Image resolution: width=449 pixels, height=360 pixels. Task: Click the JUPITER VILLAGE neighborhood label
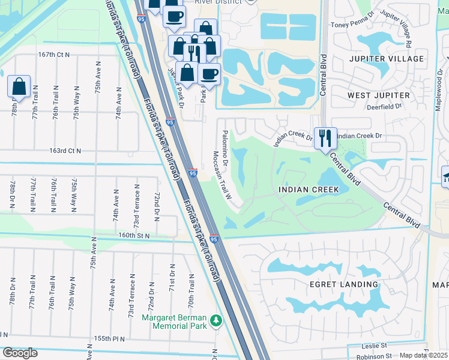pyautogui.click(x=385, y=59)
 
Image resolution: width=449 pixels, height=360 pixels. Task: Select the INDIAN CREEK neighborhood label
pyautogui.click(x=309, y=190)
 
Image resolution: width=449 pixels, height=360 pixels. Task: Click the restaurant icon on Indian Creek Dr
pyautogui.click(x=325, y=138)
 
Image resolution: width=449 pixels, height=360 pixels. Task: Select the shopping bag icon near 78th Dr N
pyautogui.click(x=19, y=86)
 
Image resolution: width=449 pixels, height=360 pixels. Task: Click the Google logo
pyautogui.click(x=20, y=353)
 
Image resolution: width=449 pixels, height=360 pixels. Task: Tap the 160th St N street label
pyautogui.click(x=133, y=235)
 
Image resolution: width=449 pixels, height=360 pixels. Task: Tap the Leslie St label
pyautogui.click(x=376, y=346)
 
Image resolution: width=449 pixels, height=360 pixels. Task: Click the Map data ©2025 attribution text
pyautogui.click(x=423, y=355)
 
